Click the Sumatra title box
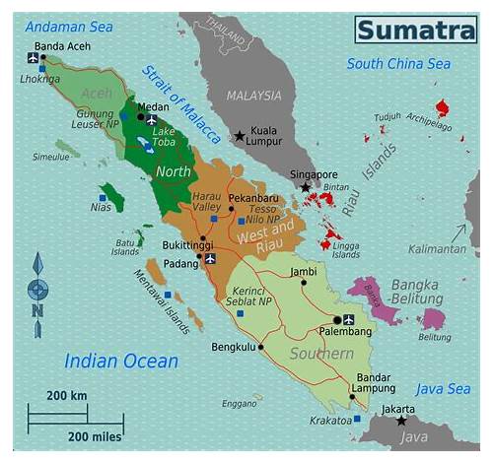point(414,30)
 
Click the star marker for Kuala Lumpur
point(240,136)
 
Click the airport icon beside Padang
point(210,258)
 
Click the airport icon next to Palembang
point(348,319)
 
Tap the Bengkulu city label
point(233,347)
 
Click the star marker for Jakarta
point(400,421)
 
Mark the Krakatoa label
point(331,420)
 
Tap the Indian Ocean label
point(121,361)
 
